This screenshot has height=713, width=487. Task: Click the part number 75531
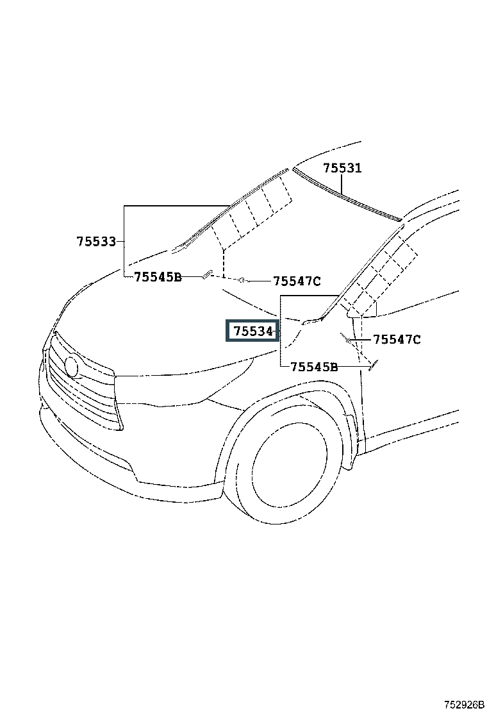pos(342,168)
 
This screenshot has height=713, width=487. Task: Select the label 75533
pos(96,242)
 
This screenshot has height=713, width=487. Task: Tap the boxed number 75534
pos(252,331)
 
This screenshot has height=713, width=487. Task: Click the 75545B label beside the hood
pos(158,277)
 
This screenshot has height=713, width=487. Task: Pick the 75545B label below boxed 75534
pos(314,367)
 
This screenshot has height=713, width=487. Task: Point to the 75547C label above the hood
pos(297,281)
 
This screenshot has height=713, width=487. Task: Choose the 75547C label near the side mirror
pos(397,339)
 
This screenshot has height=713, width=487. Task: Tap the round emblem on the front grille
pos(71,365)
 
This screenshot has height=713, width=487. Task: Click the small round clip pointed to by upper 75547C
pos(243,280)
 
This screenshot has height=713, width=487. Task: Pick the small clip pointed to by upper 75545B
pos(207,274)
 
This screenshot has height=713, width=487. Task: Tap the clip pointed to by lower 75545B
pos(373,365)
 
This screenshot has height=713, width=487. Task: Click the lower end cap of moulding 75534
pos(311,321)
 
